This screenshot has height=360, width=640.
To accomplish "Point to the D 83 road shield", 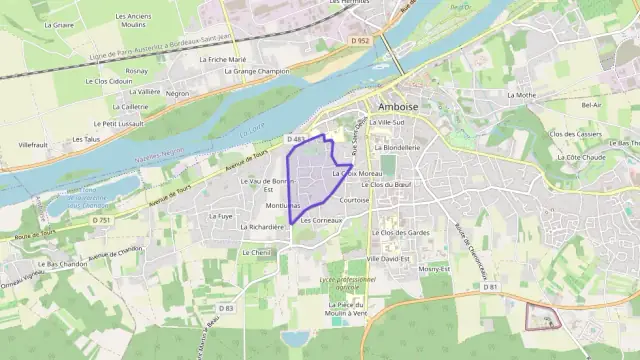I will pos(226,308).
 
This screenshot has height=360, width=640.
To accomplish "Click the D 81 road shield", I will pos(489,287).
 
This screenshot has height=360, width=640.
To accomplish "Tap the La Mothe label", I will pos(521,95).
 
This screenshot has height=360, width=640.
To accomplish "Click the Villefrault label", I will pos(33,145).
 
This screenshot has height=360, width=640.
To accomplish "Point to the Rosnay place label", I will pos(137,71).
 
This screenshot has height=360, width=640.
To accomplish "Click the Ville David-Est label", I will pos(389,258).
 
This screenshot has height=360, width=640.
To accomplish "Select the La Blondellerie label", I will pos(396,147).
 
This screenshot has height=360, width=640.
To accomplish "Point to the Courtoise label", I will pos(354,200).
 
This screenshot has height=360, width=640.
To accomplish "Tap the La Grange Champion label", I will pos(257,71).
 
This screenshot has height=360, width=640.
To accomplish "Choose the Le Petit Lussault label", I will pos(123,123).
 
